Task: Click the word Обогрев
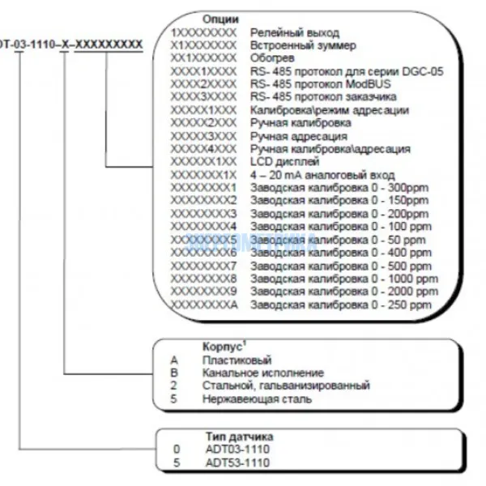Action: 272,58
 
